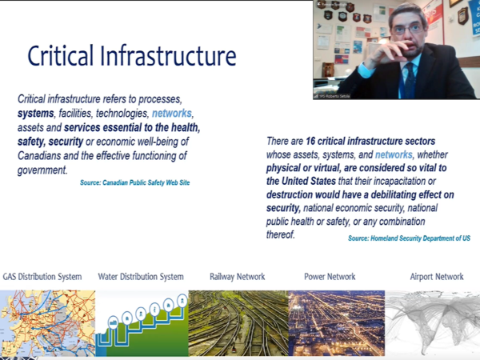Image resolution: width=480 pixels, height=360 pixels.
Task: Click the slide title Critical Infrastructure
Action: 132,56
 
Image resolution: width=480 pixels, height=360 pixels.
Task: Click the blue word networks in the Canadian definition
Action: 172,114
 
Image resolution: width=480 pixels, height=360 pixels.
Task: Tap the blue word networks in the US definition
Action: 394,154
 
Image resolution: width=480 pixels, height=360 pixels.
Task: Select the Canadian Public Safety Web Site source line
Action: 134,182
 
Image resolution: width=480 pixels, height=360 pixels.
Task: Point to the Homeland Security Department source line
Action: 409,238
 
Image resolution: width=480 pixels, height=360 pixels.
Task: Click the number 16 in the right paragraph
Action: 310,141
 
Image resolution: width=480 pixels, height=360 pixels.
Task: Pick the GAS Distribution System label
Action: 42,277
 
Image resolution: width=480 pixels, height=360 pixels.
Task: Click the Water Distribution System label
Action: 141,277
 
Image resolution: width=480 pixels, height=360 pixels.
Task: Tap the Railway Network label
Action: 238,277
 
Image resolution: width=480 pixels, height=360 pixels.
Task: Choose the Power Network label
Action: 330,277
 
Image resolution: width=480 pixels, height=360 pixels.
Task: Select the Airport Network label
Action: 437,277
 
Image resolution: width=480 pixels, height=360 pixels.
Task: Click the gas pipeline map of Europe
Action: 47,323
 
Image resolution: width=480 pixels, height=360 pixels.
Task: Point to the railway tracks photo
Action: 238,323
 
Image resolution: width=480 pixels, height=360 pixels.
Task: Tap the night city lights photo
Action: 337,323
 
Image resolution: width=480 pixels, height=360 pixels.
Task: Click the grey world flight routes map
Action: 432,323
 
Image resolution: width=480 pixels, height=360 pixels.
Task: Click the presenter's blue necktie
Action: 410,79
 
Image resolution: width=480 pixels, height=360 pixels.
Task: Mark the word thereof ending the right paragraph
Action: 281,234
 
